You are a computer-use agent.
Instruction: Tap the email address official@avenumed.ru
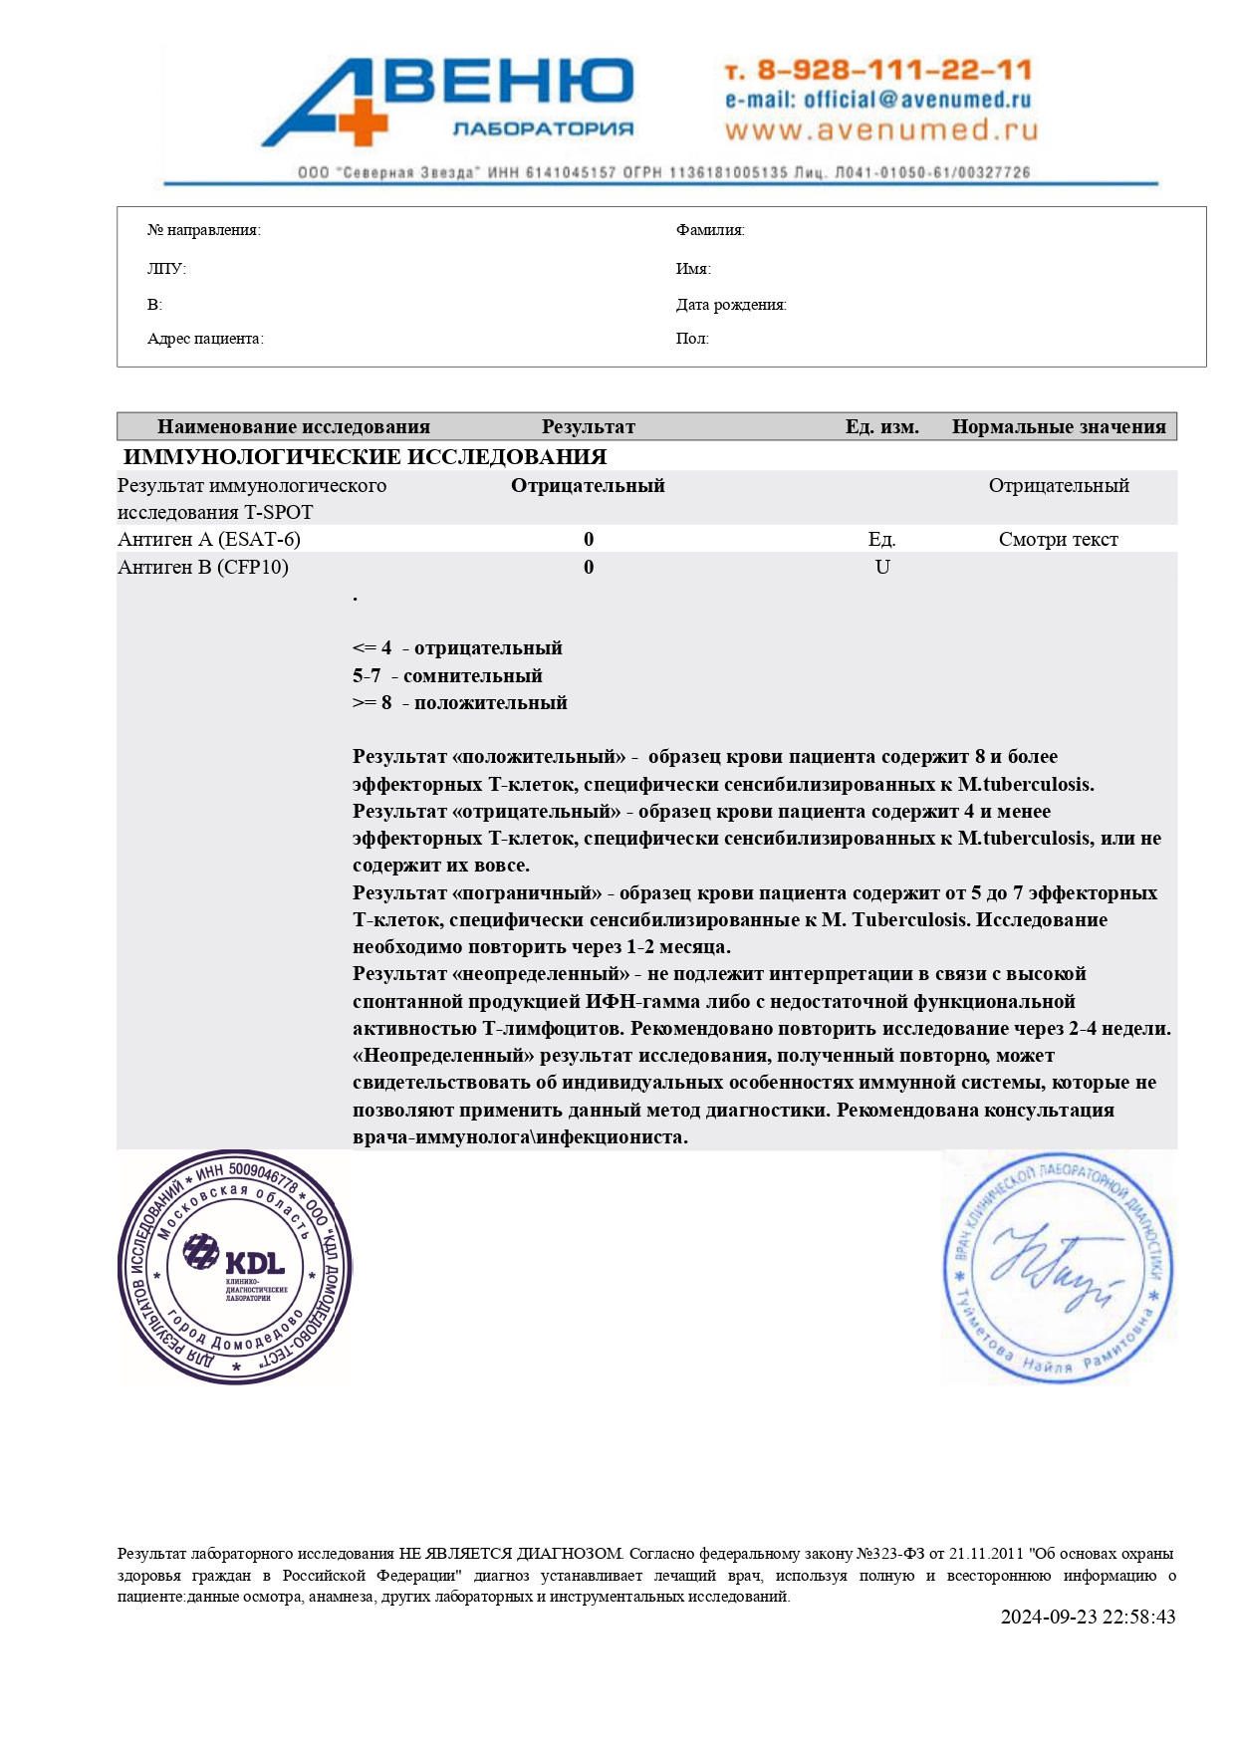877,100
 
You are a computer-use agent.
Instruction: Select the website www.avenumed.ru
880,130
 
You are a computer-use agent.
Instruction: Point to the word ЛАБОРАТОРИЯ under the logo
543,128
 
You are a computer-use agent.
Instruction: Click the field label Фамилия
710,230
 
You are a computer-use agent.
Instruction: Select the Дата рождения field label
731,305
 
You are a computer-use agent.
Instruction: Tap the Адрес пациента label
205,339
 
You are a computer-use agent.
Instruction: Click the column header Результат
588,427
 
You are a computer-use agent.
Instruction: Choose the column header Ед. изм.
881,427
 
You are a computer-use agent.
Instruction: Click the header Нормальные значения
1058,427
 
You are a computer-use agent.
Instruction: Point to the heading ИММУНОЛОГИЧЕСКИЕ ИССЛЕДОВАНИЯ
365,457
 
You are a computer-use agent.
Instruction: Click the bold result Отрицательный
588,486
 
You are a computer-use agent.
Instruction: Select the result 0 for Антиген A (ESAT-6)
589,539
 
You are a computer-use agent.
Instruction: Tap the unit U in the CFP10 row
881,567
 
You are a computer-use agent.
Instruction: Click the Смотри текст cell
1058,539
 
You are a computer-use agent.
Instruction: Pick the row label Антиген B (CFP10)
203,567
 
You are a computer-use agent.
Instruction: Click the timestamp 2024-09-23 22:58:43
1088,1617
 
